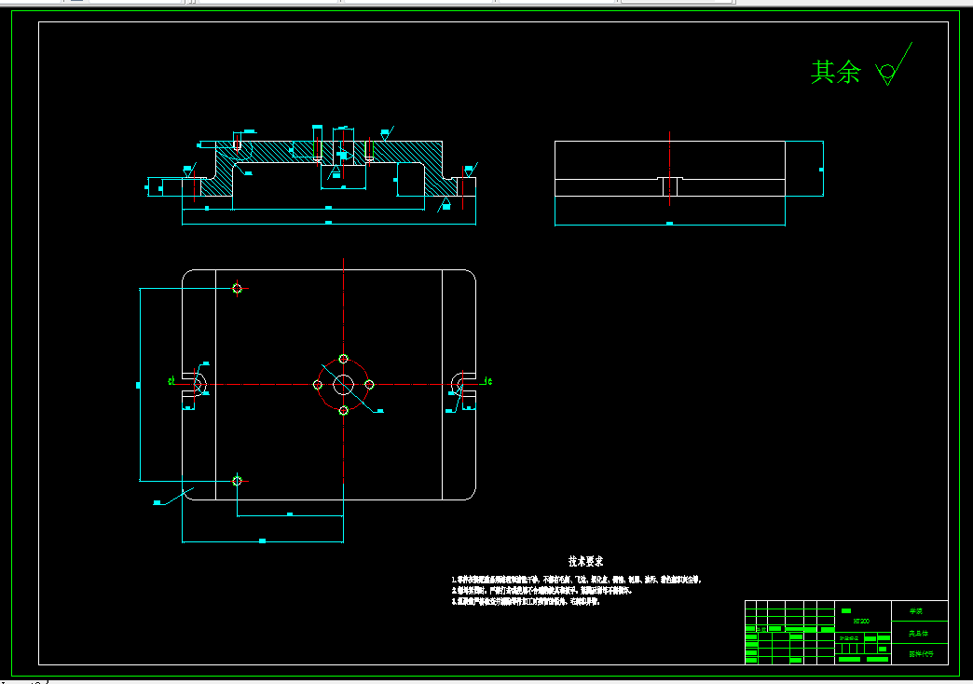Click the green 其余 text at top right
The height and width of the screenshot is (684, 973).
pyautogui.click(x=836, y=72)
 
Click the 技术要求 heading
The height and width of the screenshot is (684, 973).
pyautogui.click(x=586, y=561)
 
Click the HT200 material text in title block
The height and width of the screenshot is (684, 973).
pyautogui.click(x=861, y=621)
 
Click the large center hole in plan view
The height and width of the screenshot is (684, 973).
pyautogui.click(x=344, y=384)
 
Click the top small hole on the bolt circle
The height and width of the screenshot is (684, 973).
pyautogui.click(x=344, y=359)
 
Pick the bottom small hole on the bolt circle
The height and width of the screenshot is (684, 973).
pyautogui.click(x=344, y=410)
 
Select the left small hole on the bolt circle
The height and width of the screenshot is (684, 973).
pyautogui.click(x=319, y=384)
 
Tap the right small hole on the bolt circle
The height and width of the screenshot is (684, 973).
pyautogui.click(x=369, y=384)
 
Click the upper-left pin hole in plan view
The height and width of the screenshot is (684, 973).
pyautogui.click(x=238, y=288)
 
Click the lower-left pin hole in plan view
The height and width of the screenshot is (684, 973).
pyautogui.click(x=238, y=481)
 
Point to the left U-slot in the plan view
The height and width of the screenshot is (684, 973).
pyautogui.click(x=195, y=383)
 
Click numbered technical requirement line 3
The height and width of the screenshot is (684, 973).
pyautogui.click(x=528, y=602)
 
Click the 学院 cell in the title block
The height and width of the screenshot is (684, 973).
pyautogui.click(x=920, y=611)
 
